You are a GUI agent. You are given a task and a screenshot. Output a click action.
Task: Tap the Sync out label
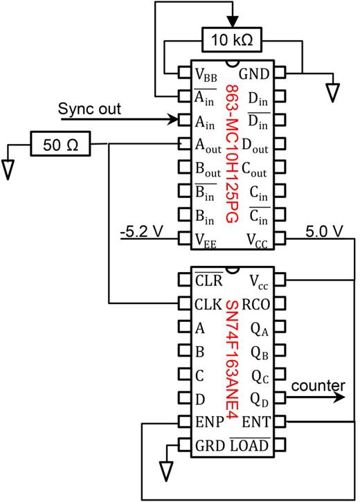(89, 109)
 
